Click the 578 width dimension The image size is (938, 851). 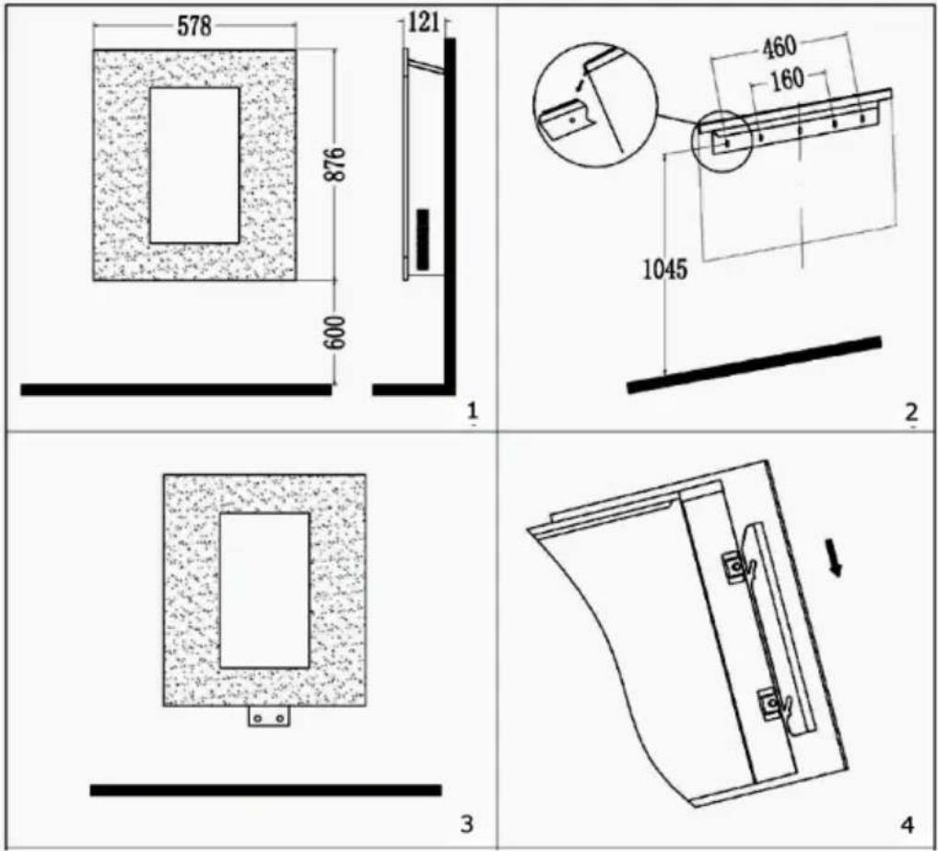coord(194,27)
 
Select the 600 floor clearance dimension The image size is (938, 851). coord(335,332)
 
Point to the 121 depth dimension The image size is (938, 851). coord(423,23)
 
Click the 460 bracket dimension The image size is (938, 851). coord(779,49)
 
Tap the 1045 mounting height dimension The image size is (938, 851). coord(665,270)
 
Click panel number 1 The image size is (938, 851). coord(473,411)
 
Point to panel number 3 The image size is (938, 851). coord(466,823)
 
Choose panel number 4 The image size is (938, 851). coord(907,825)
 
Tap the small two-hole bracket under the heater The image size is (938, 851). coord(269,717)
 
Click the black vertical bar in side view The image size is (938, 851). coord(422,239)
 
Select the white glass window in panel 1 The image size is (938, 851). coord(194,166)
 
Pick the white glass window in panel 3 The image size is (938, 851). coord(264,590)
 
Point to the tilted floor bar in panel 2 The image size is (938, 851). coord(754,365)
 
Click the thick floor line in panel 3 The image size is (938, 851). coord(265,790)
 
